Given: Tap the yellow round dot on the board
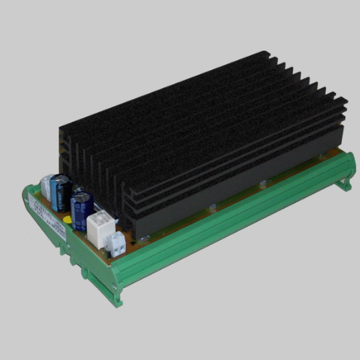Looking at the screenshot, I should click(67, 219).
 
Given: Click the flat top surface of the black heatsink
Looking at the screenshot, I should click(194, 101).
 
